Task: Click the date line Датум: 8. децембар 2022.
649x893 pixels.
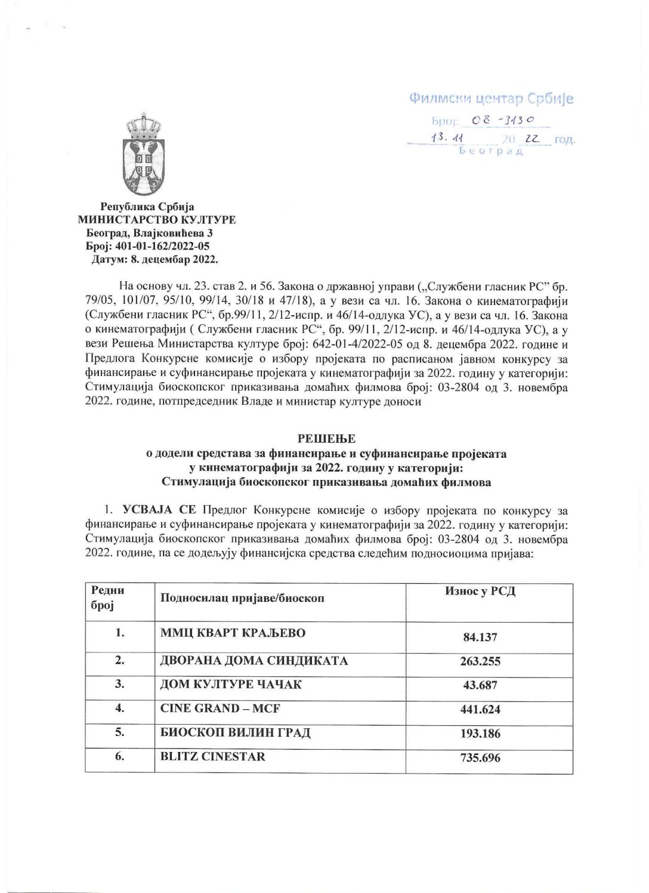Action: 154,259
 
